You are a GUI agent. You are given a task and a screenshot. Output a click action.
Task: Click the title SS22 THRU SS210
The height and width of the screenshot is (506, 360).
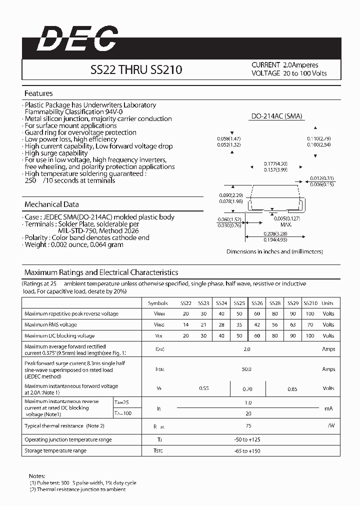pyautogui.click(x=136, y=70)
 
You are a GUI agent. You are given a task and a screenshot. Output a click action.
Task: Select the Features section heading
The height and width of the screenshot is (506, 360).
pyautogui.click(x=38, y=93)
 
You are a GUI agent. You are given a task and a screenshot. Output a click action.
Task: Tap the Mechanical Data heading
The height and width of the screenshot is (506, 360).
pyautogui.click(x=51, y=204)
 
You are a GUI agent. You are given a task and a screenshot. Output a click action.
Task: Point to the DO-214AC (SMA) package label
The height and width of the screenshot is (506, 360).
pyautogui.click(x=276, y=116)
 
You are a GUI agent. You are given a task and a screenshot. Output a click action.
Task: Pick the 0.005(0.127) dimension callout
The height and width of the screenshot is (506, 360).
pyautogui.click(x=286, y=218)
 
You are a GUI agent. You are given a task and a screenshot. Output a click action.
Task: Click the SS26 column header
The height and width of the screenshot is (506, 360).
pyautogui.click(x=257, y=303)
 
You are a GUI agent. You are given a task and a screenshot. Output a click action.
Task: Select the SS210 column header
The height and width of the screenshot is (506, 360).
pyautogui.click(x=310, y=303)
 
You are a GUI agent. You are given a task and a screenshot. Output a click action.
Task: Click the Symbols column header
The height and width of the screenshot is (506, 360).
pyautogui.click(x=158, y=303)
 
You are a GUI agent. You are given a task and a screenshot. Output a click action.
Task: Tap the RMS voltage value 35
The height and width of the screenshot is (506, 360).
pyautogui.click(x=239, y=324)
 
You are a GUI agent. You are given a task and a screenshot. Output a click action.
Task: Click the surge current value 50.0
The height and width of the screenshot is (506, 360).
pyautogui.click(x=246, y=369)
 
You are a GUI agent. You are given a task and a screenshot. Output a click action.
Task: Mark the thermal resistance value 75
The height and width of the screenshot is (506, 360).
pyautogui.click(x=248, y=425)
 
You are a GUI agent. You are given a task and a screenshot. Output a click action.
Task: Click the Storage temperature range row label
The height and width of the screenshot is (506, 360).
pyautogui.click(x=55, y=451)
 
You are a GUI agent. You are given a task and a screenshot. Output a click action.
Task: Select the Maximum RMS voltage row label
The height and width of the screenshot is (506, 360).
pyautogui.click(x=50, y=324)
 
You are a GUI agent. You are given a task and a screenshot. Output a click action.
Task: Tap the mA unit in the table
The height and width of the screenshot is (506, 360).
pyautogui.click(x=328, y=408)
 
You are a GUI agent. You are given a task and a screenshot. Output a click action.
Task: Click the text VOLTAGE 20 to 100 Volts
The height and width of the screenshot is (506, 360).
pyautogui.click(x=289, y=73)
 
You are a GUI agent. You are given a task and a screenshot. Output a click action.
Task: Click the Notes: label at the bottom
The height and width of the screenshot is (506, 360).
pyautogui.click(x=37, y=476)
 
